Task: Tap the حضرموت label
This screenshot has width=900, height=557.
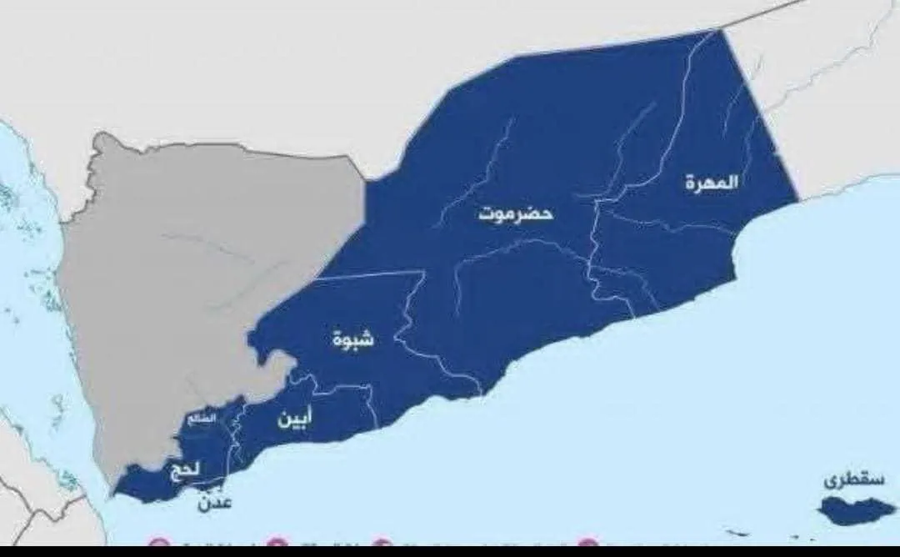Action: pyautogui.click(x=516, y=213)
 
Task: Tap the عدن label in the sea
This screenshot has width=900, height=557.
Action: pyautogui.click(x=214, y=503)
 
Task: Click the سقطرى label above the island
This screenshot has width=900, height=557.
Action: pyautogui.click(x=845, y=480)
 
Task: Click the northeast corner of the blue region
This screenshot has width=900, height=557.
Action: pyautogui.click(x=720, y=32)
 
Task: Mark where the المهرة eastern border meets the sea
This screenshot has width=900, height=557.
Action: pyautogui.click(x=797, y=201)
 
